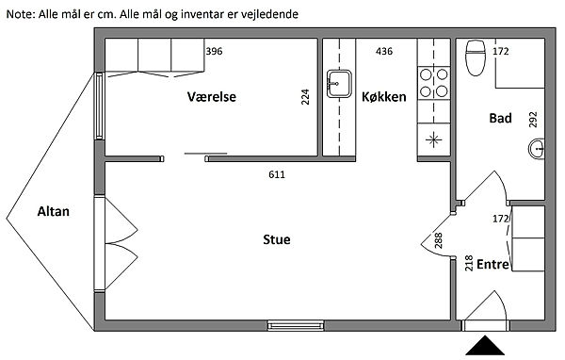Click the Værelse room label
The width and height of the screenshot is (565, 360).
pos(212,97)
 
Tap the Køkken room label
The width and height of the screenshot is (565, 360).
pos(384,97)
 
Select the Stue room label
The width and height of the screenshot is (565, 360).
pos(276,239)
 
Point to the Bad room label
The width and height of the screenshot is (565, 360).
pos(500,118)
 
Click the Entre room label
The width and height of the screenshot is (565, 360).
pos(492,265)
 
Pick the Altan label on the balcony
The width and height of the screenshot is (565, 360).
pos(54,211)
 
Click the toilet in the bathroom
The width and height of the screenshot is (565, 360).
pos(476,58)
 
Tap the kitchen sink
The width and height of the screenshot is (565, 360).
pos(339,84)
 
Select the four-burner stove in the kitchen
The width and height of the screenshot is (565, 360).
pos(434,83)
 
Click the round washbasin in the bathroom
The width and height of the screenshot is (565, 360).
pos(537,148)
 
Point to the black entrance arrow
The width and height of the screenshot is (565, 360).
pos(485,345)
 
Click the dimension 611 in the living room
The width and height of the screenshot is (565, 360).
pos(277,174)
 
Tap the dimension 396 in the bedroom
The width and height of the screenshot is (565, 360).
pos(214,51)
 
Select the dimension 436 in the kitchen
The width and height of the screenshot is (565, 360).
pos(384,51)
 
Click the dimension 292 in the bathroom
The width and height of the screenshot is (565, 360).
pos(533,120)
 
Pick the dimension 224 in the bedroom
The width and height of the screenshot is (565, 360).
pos(305,97)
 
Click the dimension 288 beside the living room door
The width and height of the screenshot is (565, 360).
pos(439,240)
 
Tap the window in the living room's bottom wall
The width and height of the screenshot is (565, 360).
pos(296,326)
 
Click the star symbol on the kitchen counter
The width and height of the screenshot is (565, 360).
pos(434,139)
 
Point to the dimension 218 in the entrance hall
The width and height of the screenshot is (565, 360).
pos(469,263)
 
